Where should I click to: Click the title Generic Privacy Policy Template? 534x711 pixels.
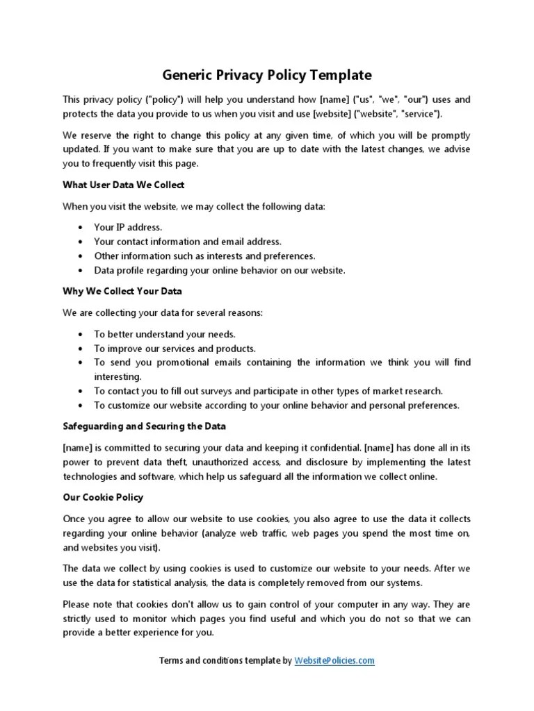(267, 75)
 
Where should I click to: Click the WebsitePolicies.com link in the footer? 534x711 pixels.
(334, 660)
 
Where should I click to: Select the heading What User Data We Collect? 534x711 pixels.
(123, 185)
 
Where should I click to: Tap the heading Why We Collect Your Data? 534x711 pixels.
(122, 291)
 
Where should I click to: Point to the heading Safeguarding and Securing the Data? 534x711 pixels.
(144, 426)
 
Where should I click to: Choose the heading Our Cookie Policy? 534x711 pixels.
(103, 498)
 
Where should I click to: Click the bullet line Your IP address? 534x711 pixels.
(128, 227)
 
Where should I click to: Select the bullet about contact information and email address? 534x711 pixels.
(188, 242)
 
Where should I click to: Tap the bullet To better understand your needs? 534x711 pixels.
(165, 334)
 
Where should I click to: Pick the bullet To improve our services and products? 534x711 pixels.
(175, 349)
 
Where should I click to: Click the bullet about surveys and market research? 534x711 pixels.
(268, 391)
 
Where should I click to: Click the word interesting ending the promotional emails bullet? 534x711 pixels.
(118, 376)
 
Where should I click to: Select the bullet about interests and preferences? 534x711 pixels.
(204, 256)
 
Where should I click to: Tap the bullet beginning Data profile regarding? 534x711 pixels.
(219, 270)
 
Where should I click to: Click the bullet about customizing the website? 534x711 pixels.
(276, 405)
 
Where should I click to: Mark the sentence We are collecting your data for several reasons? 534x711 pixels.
(163, 313)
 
